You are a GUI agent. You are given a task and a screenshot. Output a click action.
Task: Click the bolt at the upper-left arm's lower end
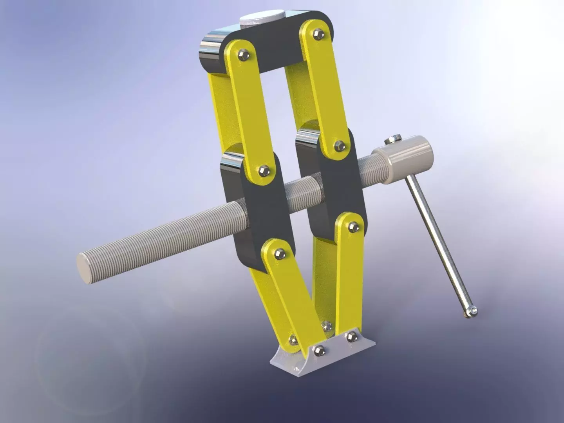(264, 170)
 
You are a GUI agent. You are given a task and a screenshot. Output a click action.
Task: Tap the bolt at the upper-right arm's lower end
(339, 146)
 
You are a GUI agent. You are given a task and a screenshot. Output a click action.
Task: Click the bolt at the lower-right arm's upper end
(352, 226)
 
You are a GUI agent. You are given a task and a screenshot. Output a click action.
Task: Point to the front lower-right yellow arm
(345, 274)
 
